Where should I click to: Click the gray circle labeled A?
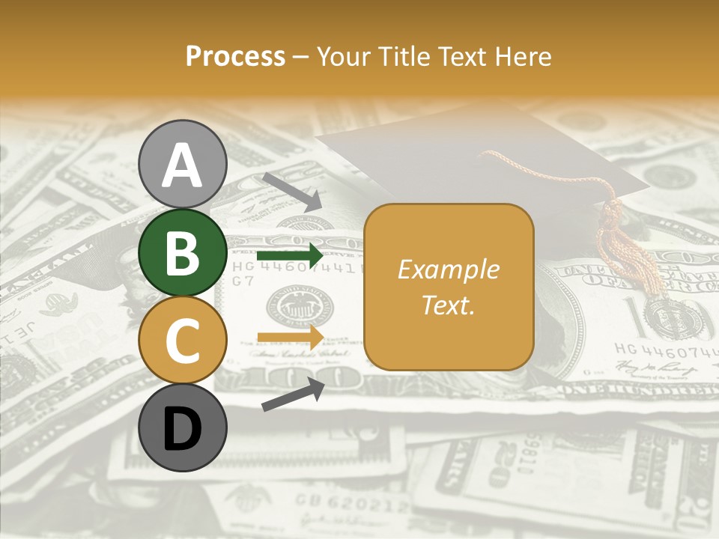tap(183, 164)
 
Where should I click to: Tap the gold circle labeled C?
tap(183, 340)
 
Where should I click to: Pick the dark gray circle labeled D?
tap(183, 427)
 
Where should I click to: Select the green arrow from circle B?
tap(289, 256)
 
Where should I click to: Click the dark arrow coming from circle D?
tap(293, 395)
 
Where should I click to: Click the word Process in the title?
tap(235, 57)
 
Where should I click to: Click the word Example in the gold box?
tap(449, 269)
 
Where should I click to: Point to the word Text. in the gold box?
tap(449, 305)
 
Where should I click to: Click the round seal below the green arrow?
tap(300, 307)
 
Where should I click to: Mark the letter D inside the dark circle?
tap(183, 429)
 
